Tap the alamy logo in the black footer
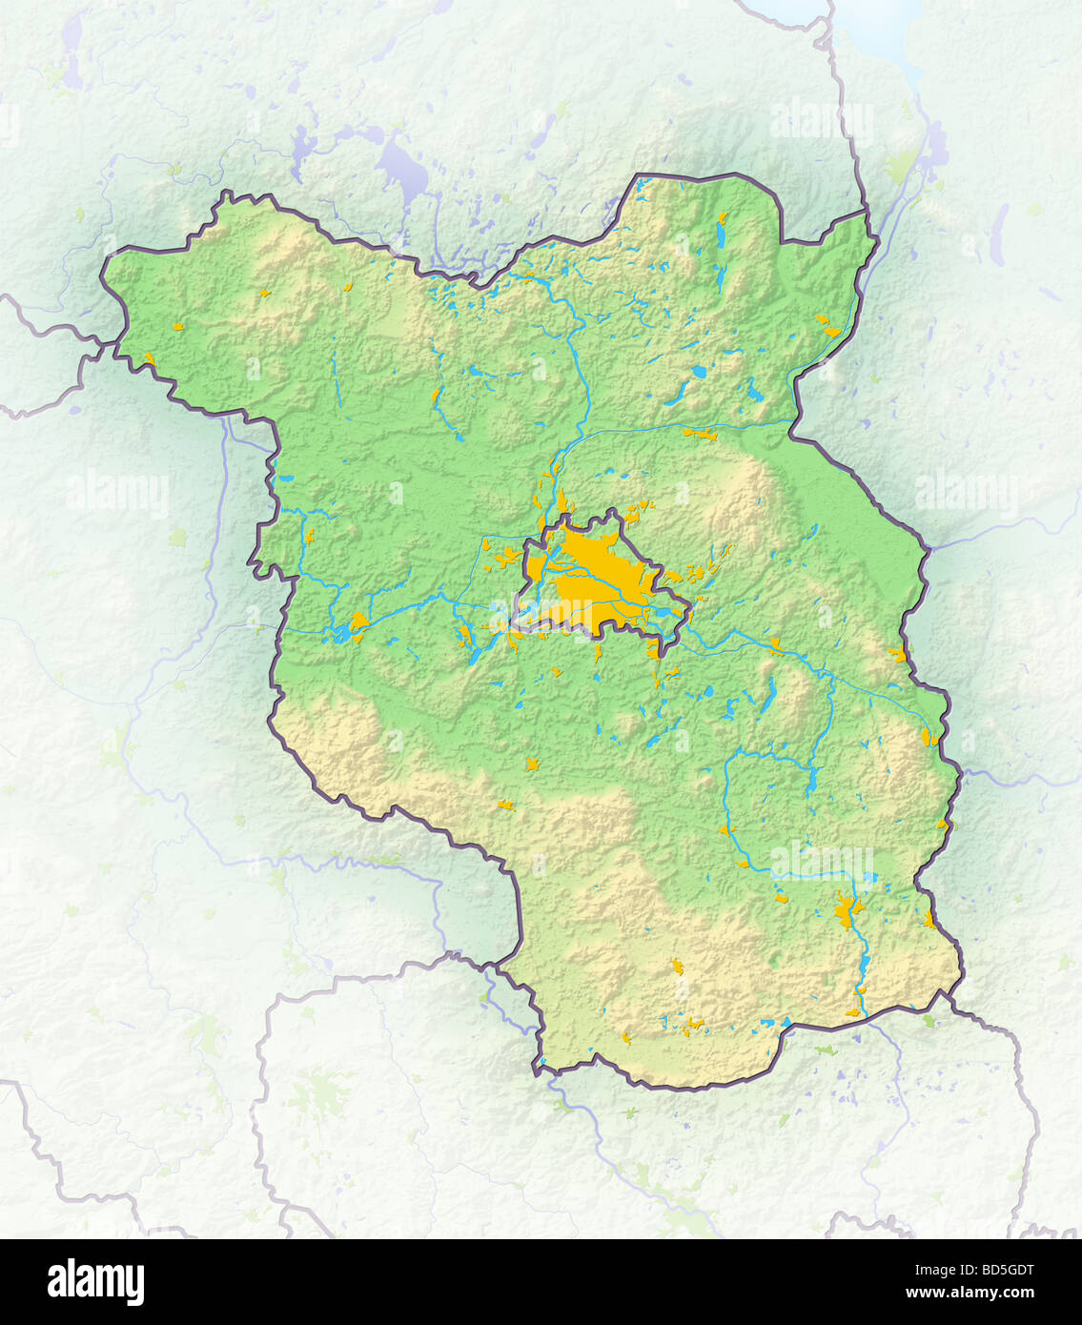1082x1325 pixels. click(95, 1282)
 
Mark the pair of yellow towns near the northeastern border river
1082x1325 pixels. click(826, 326)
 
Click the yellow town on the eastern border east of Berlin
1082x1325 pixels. click(897, 654)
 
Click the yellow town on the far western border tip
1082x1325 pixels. click(148, 359)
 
